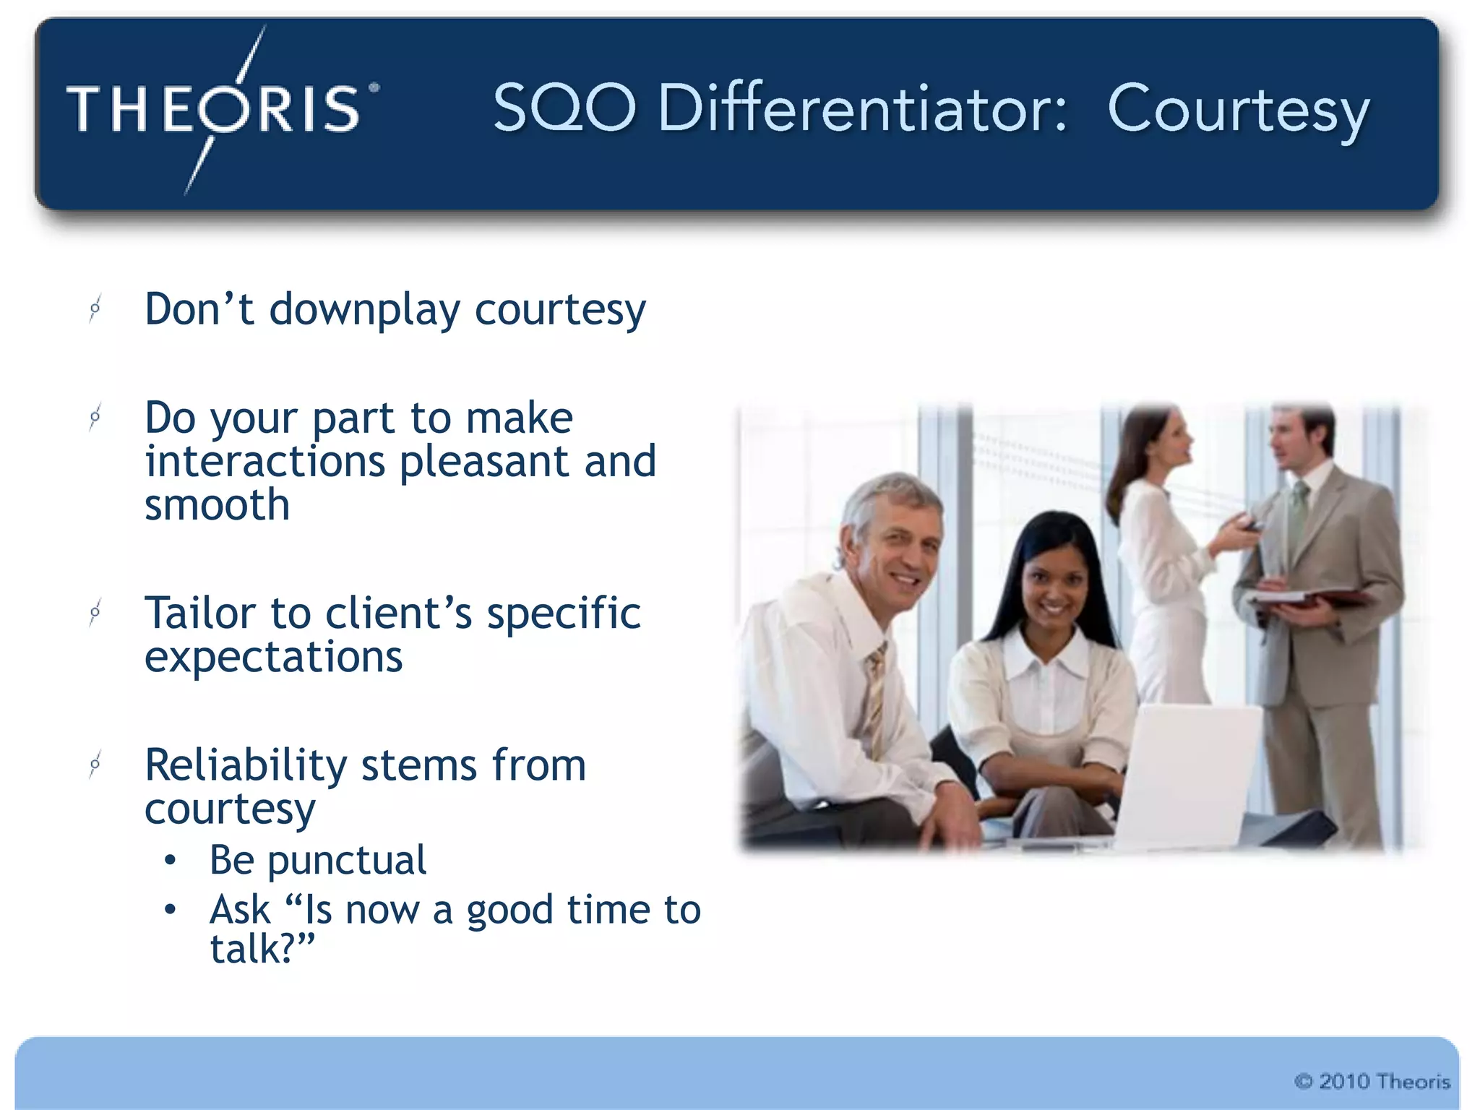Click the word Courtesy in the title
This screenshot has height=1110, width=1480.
pos(1237,110)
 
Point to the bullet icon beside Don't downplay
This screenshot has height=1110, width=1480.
pos(95,309)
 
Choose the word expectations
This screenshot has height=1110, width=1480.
pos(273,658)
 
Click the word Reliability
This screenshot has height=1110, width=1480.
pos(246,765)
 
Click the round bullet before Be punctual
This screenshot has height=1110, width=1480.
pos(170,860)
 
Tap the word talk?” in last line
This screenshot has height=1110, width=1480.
pos(262,950)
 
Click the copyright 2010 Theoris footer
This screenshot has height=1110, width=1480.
pos(1372,1081)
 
